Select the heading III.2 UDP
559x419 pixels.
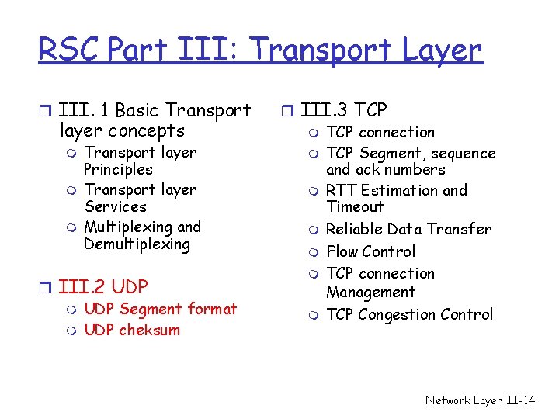click(103, 286)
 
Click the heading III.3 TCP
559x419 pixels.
click(343, 111)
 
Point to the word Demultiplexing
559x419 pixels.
click(137, 244)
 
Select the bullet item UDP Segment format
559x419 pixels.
click(160, 309)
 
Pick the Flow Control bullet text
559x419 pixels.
click(370, 251)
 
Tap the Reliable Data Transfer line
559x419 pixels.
click(408, 229)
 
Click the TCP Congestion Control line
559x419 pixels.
click(409, 314)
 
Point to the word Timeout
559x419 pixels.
click(355, 207)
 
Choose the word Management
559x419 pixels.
click(370, 293)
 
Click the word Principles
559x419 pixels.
click(118, 170)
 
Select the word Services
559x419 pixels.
click(115, 207)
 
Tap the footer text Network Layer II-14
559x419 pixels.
click(480, 400)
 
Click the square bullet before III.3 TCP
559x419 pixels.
click(286, 112)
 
